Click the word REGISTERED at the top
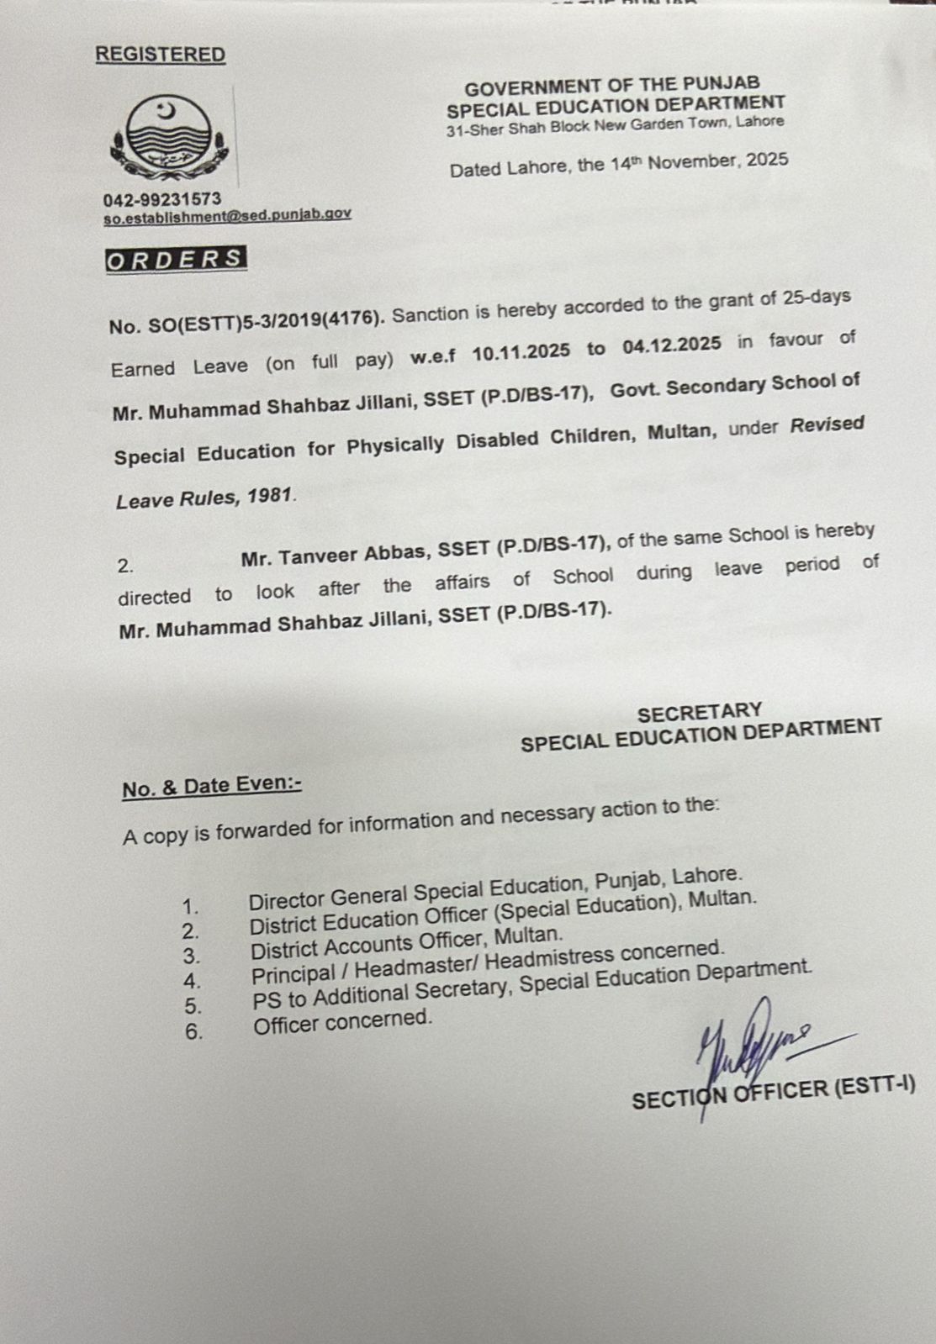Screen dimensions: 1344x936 pos(160,55)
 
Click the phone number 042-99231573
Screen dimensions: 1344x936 pos(162,199)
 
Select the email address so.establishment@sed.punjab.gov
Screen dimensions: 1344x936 pos(227,215)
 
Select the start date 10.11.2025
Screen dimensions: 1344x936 pos(521,350)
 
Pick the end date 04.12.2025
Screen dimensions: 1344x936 pos(672,345)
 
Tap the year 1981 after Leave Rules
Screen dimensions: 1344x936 pos(269,497)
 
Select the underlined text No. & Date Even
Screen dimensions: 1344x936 pos(211,786)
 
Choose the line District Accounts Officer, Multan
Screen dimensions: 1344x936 pos(406,943)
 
